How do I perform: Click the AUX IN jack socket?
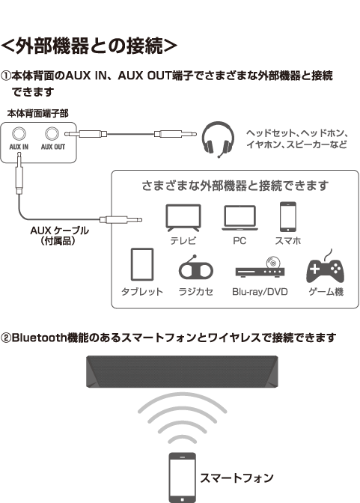19,134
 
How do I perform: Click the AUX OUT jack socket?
52,134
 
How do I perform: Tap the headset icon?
218,139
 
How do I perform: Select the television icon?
183,218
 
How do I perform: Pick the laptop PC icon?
240,218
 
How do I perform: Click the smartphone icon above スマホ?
288,216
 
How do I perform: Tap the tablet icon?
142,264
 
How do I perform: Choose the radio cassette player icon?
196,267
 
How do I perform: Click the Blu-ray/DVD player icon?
260,267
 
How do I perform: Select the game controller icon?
326,267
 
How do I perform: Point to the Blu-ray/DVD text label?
260,292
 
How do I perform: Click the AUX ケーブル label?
59,231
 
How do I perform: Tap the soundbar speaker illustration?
182,371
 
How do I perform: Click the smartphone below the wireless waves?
183,478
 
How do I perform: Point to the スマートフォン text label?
237,478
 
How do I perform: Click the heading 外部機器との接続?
89,46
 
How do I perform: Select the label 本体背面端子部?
38,114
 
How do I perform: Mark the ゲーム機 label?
326,292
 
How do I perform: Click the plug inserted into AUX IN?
19,173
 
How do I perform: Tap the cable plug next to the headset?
175,134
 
